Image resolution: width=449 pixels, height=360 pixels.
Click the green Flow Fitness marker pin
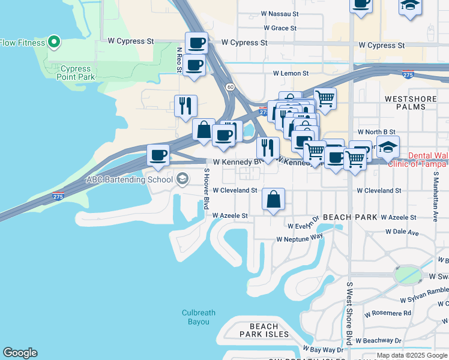pyautogui.click(x=54, y=42)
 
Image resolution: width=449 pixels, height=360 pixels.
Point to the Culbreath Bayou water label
pyautogui.click(x=196, y=317)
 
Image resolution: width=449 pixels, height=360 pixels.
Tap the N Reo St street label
pyautogui.click(x=179, y=61)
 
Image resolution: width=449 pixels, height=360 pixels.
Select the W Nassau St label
pyautogui.click(x=280, y=13)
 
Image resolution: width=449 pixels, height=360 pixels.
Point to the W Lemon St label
pyautogui.click(x=291, y=73)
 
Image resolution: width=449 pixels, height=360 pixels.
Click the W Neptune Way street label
pyautogui.click(x=300, y=238)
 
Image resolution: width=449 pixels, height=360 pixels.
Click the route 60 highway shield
pyautogui.click(x=230, y=87)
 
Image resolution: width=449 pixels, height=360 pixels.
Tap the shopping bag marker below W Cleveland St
pyautogui.click(x=273, y=200)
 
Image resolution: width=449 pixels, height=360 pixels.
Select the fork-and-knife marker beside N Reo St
pyautogui.click(x=185, y=107)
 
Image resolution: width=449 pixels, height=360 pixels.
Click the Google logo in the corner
pyautogui.click(x=20, y=353)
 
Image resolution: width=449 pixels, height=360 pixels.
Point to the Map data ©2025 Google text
pyautogui.click(x=411, y=355)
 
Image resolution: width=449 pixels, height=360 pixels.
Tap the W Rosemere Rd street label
pyautogui.click(x=390, y=313)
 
